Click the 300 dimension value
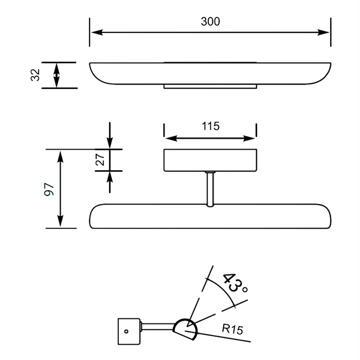click(x=210, y=21)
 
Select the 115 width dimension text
click(x=210, y=126)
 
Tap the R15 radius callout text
click(x=232, y=329)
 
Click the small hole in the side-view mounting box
click(x=126, y=332)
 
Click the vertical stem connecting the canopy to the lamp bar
click(x=210, y=189)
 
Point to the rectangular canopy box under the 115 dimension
click(x=210, y=160)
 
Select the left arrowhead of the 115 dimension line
click(x=167, y=138)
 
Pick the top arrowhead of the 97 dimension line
click(x=60, y=154)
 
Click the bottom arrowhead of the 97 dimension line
click(x=60, y=223)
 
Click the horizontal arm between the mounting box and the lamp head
click(x=157, y=326)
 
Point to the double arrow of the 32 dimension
click(x=56, y=75)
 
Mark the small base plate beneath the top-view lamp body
click(x=210, y=86)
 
